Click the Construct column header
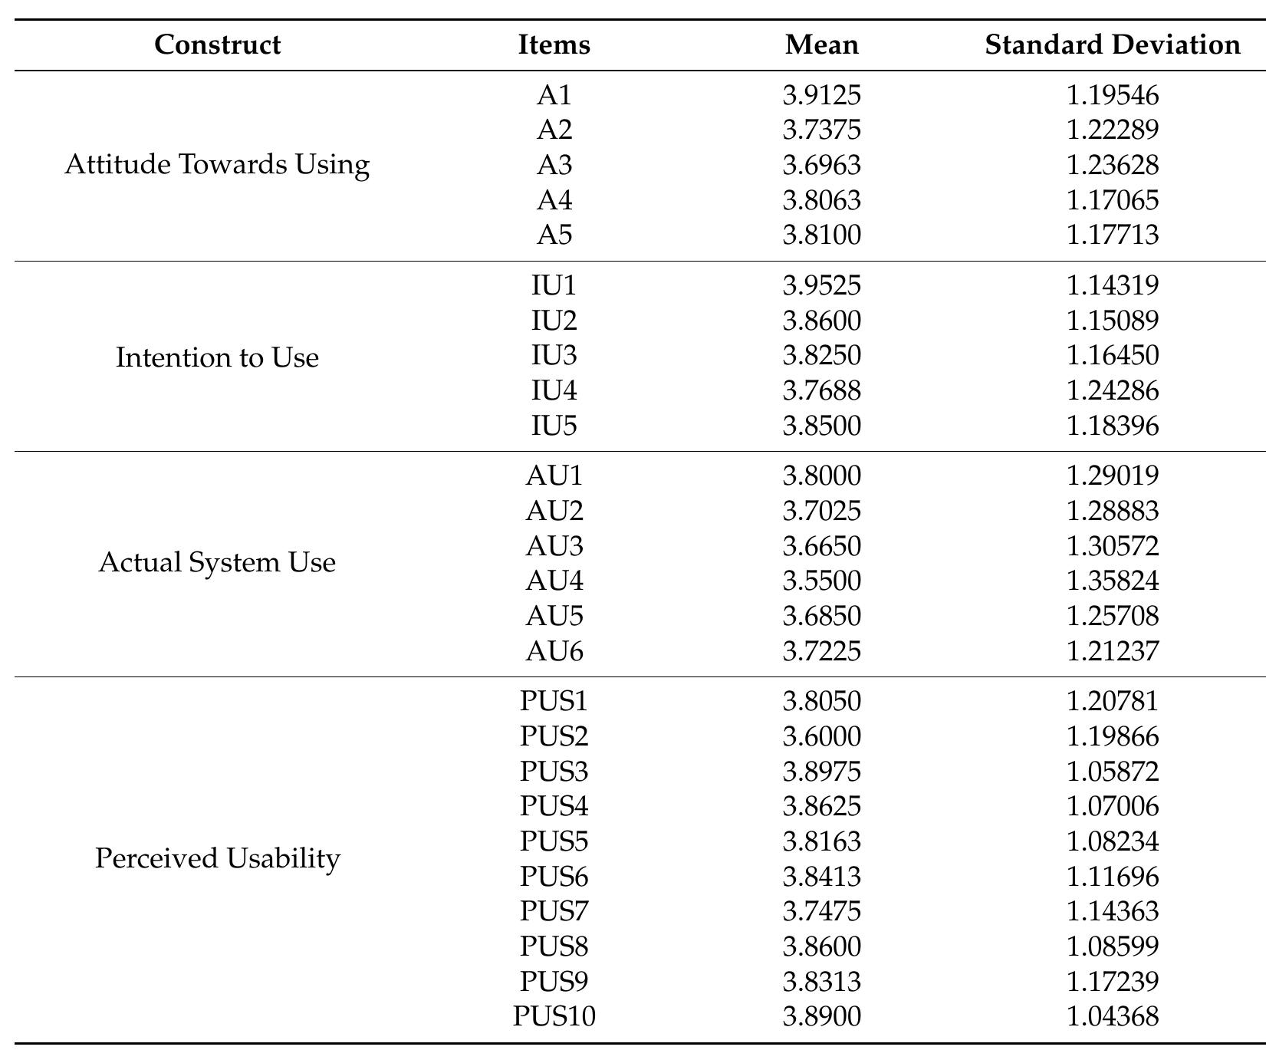click(217, 44)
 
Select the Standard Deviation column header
click(1113, 44)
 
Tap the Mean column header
click(822, 44)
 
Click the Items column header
click(554, 44)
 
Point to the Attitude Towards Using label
click(217, 165)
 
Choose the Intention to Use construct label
click(217, 357)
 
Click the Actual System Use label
click(217, 563)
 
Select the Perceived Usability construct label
click(217, 858)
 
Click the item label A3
click(554, 165)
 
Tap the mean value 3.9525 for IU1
click(822, 285)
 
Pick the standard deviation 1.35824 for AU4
click(1113, 581)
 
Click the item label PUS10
click(554, 1016)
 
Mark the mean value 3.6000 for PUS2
click(822, 736)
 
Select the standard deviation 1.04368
click(1113, 1016)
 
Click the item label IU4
click(554, 390)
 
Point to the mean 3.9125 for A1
click(822, 95)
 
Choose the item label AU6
click(554, 651)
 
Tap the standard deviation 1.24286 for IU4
click(1113, 390)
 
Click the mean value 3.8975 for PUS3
click(822, 771)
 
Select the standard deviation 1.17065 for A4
click(1113, 200)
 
